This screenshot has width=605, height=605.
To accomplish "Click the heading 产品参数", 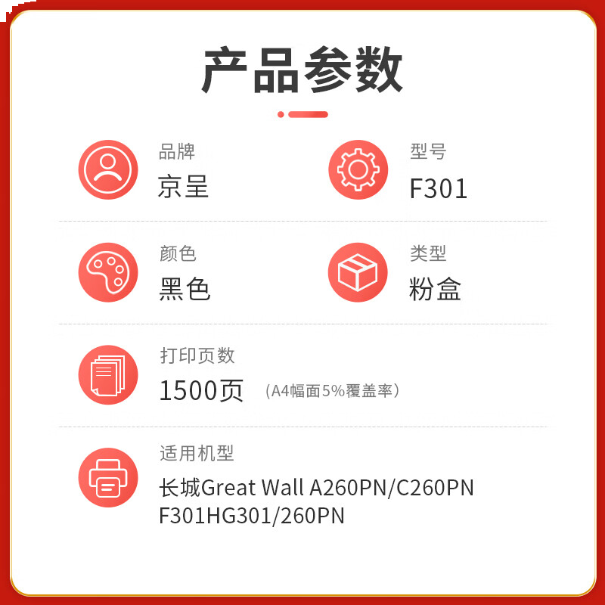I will coord(302,70).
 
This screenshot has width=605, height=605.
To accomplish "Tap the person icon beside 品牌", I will coord(108,169).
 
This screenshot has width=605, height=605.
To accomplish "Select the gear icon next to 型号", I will coord(358,169).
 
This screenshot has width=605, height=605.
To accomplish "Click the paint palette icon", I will coord(108,272).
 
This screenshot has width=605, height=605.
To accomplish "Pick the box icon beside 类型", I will coord(358,272).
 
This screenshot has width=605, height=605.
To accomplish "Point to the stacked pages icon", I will coord(108,374).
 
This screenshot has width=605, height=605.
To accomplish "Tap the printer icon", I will coord(108,478).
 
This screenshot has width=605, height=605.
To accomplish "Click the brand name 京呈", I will coord(183,187).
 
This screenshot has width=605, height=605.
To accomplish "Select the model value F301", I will coord(438,188).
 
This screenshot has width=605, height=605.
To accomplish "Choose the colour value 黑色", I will coord(185,290).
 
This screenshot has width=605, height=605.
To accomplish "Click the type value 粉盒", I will coord(435,290).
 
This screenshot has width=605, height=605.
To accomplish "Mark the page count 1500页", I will coord(201,390).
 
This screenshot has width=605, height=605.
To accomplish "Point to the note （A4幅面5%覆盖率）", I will coord(332,391).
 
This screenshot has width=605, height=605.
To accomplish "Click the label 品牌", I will coord(177,152).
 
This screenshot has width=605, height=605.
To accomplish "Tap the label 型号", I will coord(428,152).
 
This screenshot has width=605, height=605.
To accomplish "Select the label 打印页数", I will coord(197,355).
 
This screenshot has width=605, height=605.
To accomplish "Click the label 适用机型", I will coord(197,454).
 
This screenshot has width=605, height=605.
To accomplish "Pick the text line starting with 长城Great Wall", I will coord(316,488).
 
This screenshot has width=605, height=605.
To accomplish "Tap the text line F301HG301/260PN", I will coord(251,516).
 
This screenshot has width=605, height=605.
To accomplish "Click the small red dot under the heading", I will coord(281,114).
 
